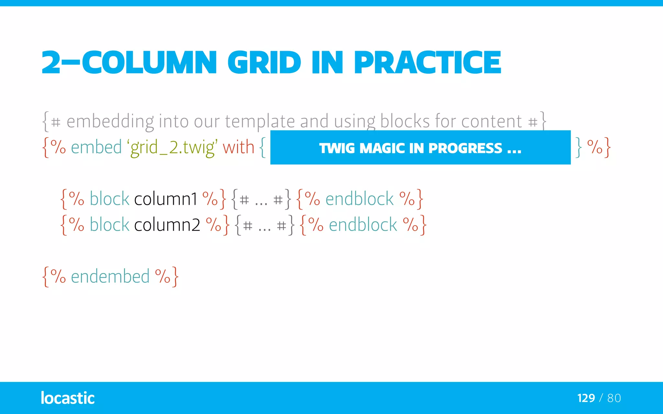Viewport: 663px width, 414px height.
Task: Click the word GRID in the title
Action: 264,62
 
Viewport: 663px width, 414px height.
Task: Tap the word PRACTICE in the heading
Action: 427,62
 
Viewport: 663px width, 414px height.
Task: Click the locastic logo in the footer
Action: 68,398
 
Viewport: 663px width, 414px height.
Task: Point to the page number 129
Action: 586,398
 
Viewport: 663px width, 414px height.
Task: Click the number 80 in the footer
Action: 614,398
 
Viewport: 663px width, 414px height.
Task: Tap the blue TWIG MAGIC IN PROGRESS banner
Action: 420,148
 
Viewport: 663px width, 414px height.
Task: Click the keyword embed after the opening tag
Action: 96,147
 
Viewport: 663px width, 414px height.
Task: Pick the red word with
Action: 238,147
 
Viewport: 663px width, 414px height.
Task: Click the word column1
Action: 165,199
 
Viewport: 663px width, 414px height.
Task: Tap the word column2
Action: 167,225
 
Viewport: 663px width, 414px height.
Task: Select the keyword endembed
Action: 110,277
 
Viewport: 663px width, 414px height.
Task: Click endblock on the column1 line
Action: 359,199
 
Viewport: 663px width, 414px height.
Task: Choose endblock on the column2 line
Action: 363,225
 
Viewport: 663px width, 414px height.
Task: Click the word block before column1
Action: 109,199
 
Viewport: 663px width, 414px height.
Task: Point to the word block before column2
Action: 109,225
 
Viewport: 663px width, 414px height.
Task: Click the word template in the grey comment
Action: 260,122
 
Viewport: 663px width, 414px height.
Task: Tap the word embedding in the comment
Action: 110,122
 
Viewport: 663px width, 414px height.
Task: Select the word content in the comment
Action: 491,122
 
